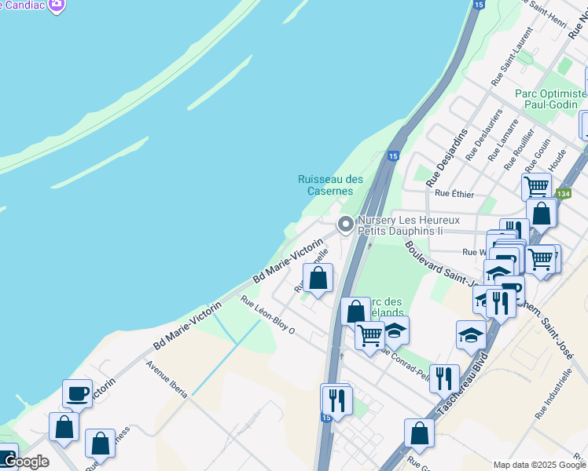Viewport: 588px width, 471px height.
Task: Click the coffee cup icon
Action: (77, 394)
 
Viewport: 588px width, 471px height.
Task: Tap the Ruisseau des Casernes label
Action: (330, 185)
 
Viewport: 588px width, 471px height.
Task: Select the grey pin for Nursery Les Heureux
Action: (345, 225)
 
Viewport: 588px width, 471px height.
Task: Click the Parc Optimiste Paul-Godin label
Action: (550, 99)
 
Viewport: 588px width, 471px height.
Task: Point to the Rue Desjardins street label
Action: (447, 157)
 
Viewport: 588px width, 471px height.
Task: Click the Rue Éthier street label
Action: (453, 192)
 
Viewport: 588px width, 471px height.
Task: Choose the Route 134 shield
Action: (563, 193)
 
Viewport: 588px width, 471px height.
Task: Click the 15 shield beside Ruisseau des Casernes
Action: (392, 156)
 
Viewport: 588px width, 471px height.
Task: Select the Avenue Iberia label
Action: (166, 380)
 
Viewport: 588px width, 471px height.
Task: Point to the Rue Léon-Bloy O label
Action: (267, 315)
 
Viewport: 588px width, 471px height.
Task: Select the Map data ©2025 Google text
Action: (539, 465)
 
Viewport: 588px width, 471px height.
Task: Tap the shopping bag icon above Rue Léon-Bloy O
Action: (318, 278)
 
